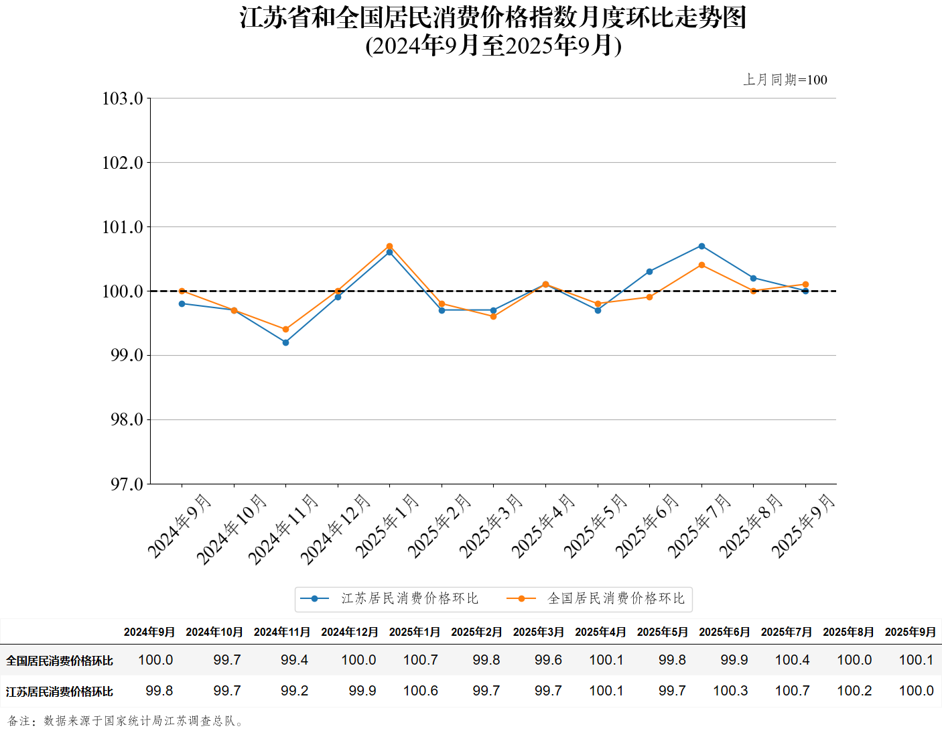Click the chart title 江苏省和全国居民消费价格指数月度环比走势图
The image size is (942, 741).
point(493,17)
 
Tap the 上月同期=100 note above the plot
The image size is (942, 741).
point(785,80)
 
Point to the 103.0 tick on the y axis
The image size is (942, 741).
point(123,98)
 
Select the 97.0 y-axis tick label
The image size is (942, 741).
point(127,484)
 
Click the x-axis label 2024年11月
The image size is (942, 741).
point(283,529)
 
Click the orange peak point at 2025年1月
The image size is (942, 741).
point(390,247)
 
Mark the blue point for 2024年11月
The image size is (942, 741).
point(286,342)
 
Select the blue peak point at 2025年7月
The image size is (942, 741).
point(701,247)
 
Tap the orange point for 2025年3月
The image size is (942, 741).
point(494,316)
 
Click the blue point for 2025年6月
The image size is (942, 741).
point(650,271)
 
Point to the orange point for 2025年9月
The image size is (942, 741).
point(805,285)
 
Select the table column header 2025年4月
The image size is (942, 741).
point(600,632)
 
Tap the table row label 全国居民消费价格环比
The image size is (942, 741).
point(60,661)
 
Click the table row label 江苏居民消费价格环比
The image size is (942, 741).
point(60,691)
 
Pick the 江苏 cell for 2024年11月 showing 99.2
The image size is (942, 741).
point(295,691)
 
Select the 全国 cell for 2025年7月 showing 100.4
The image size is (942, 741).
point(792,660)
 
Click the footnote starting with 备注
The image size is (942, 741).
point(125,721)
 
